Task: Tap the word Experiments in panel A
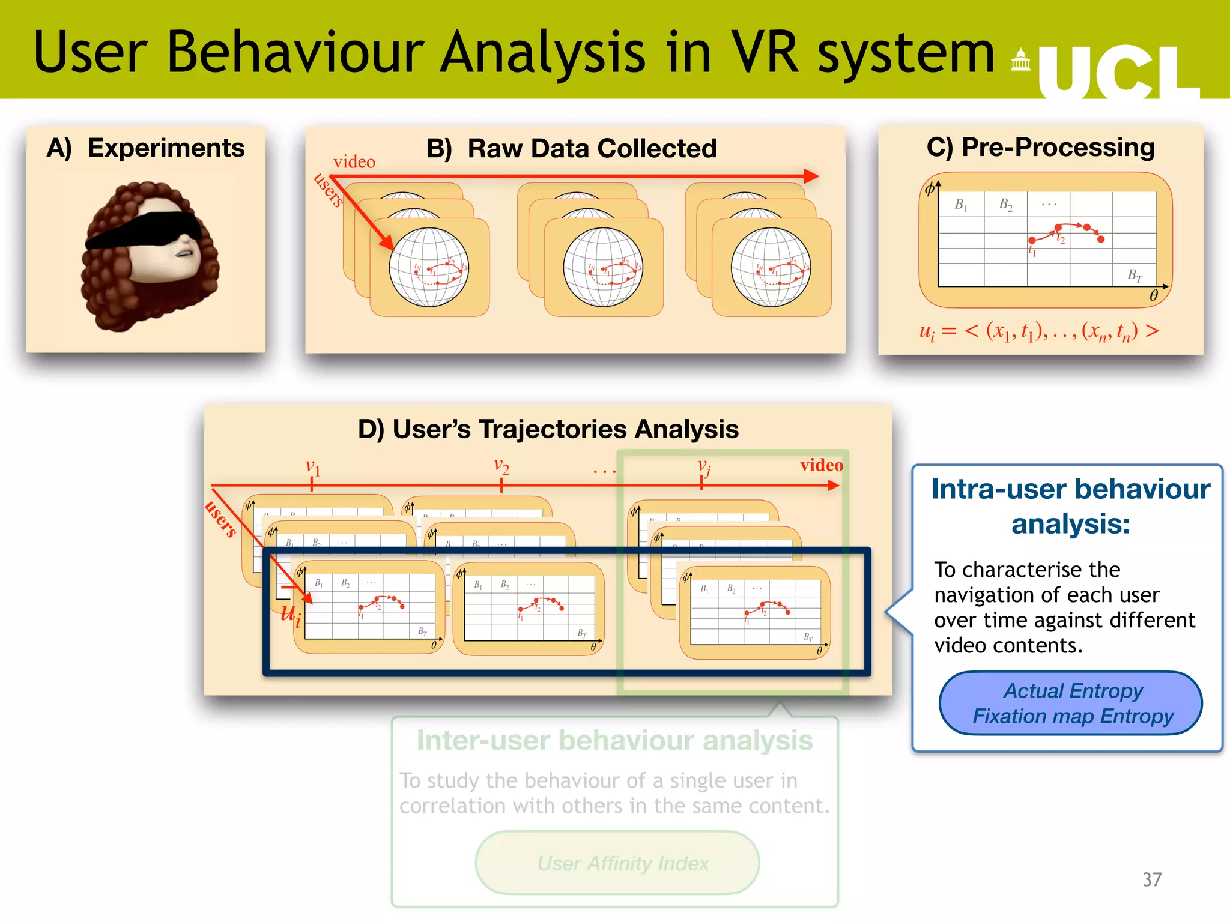tap(166, 148)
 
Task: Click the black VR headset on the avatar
tap(144, 230)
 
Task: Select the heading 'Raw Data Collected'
tap(592, 149)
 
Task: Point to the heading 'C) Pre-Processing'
tap(1040, 148)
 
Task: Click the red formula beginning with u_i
tap(1038, 331)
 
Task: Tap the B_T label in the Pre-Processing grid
tap(1134, 275)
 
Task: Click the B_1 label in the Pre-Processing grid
tap(961, 205)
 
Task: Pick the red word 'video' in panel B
tap(354, 162)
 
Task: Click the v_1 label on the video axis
tap(313, 467)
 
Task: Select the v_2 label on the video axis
tap(501, 465)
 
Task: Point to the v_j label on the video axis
tap(704, 466)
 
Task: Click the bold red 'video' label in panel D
tap(821, 465)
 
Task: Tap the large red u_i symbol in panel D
tap(291, 614)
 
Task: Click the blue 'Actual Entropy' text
tap(1073, 691)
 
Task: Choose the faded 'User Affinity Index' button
tap(623, 863)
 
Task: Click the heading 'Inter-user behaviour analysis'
tap(614, 741)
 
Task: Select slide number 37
tap(1151, 879)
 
